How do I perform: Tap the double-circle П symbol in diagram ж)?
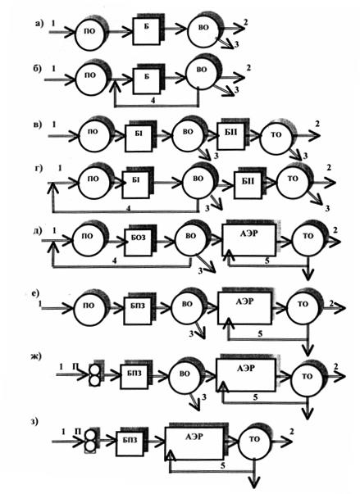pyautogui.click(x=94, y=375)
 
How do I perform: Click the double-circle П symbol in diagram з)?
pyautogui.click(x=90, y=441)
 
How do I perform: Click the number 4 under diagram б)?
pyautogui.click(x=153, y=101)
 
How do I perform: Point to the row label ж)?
pyautogui.click(x=35, y=356)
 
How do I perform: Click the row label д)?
pyautogui.click(x=37, y=231)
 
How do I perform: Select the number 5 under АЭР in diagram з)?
pyautogui.click(x=223, y=465)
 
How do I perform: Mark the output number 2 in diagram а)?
pyautogui.click(x=245, y=21)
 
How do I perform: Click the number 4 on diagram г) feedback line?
pyautogui.click(x=129, y=208)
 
